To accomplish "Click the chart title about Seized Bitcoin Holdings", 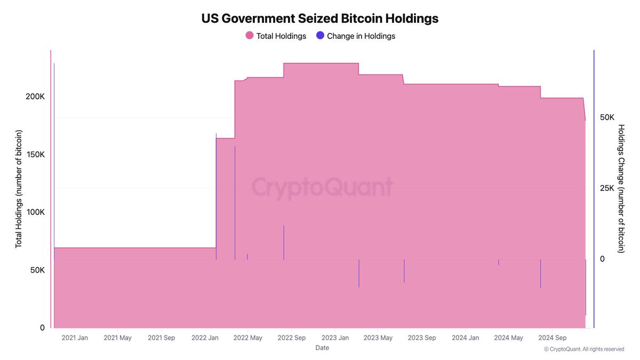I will (319, 18).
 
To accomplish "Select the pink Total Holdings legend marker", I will (249, 36).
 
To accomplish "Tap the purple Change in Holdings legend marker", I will (320, 36).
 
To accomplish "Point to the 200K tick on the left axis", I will (35, 97).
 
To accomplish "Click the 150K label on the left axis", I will (35, 154).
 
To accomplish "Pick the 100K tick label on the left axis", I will (35, 212).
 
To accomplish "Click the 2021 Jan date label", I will (75, 338).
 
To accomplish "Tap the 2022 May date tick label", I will (249, 338).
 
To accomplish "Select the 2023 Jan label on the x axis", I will (335, 338).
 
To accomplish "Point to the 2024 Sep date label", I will (553, 338).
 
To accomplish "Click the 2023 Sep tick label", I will (422, 338).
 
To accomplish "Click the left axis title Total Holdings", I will (19, 188).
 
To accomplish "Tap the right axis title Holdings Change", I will (621, 188).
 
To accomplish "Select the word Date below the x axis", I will (322, 348).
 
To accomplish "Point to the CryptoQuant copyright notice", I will (583, 349).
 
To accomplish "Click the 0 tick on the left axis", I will (42, 328).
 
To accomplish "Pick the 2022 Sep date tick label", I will (292, 338).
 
